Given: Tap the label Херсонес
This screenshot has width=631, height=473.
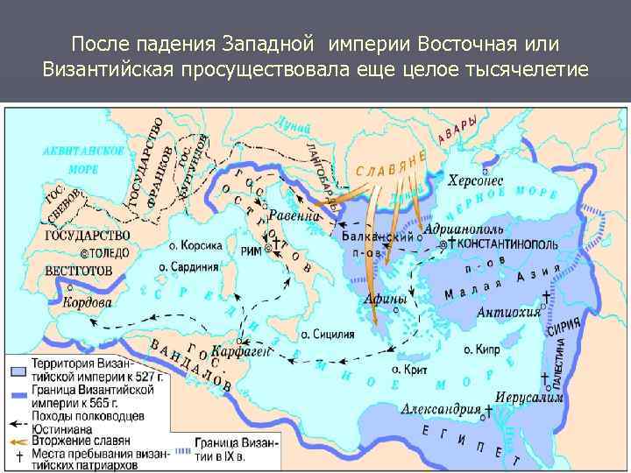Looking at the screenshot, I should click(x=475, y=181).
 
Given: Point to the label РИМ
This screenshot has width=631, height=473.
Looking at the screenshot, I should click(x=252, y=251).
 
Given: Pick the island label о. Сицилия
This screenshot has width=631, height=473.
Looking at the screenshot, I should click(x=328, y=334).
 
